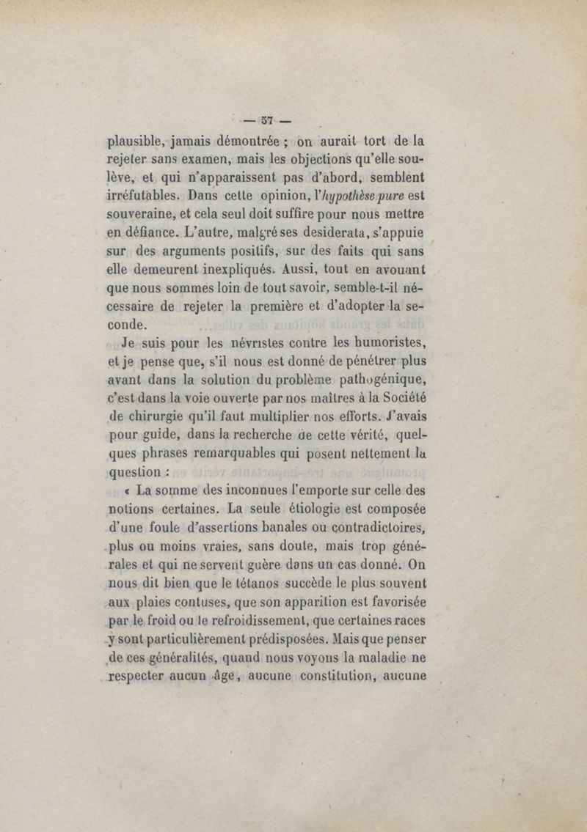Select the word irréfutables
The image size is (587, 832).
(142, 196)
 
